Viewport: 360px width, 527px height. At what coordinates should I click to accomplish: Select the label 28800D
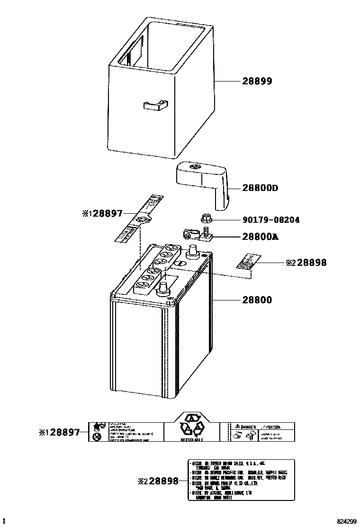(260, 188)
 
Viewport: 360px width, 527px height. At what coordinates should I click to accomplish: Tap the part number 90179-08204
(270, 220)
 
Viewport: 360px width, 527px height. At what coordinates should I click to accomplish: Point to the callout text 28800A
(260, 236)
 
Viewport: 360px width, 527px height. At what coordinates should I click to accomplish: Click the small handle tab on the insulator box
(155, 106)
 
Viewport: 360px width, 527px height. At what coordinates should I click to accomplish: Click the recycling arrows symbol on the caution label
(192, 425)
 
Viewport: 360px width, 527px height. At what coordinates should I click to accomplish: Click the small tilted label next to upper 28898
(247, 262)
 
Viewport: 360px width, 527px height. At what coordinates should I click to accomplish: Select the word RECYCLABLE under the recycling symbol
(192, 440)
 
